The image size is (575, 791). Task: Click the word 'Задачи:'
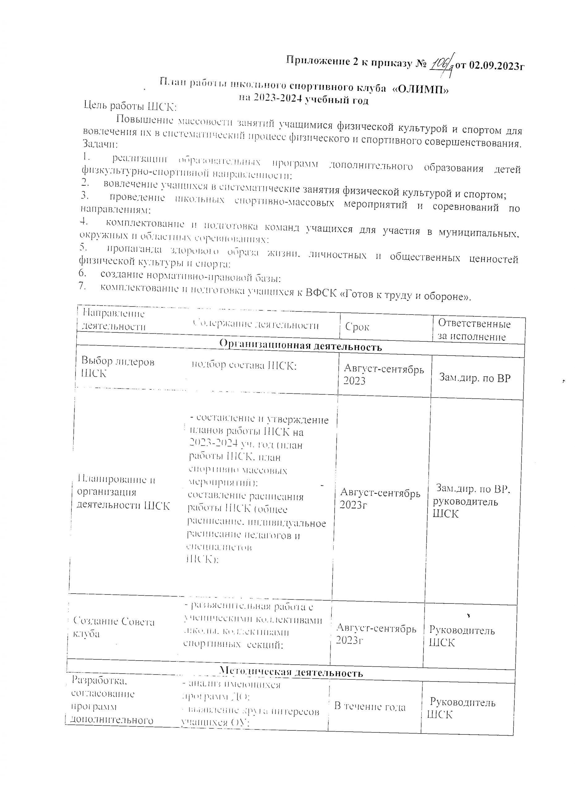[x=100, y=143]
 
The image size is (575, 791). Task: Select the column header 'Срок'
[x=357, y=327]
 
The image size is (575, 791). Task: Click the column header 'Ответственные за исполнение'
[x=474, y=330]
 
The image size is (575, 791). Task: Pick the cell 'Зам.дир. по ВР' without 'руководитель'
[x=475, y=378]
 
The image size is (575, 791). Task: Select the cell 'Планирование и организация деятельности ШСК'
[x=122, y=492]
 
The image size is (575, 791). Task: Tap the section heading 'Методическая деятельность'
[x=291, y=672]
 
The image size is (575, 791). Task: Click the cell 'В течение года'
[x=370, y=707]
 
